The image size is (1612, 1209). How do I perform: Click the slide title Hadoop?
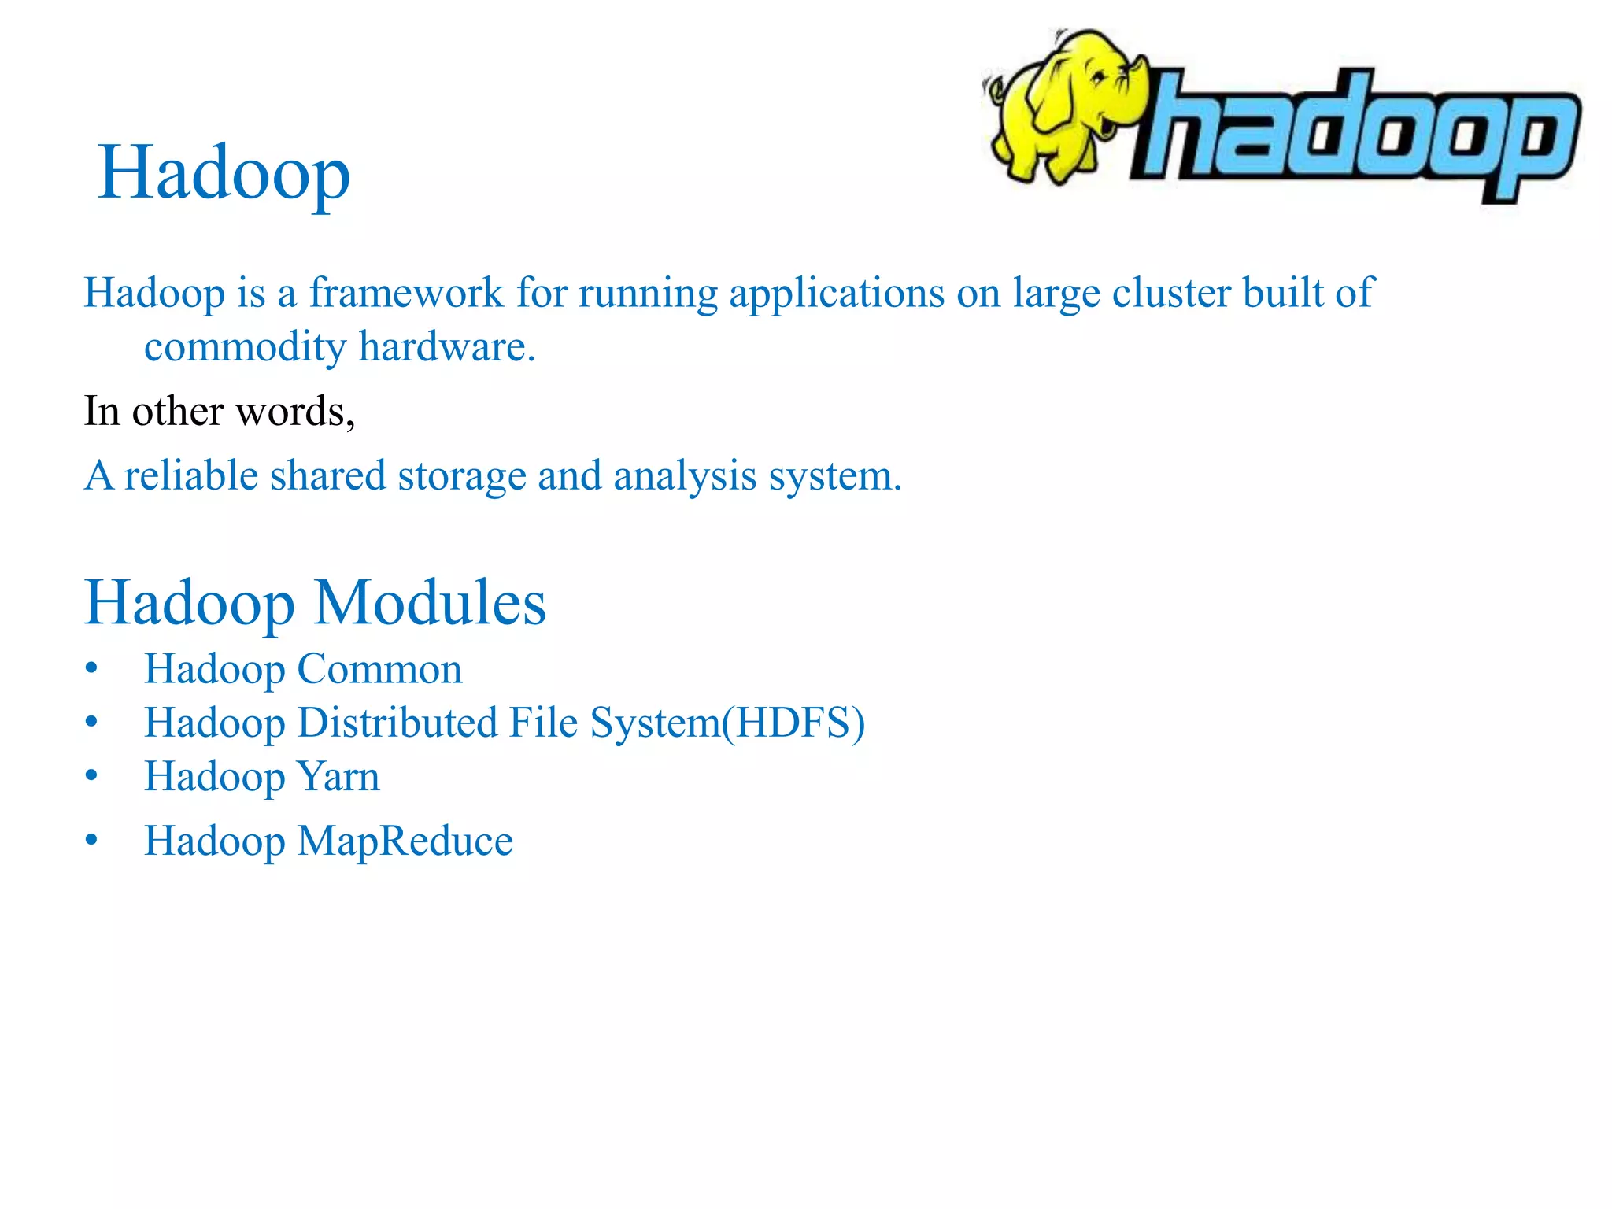[x=224, y=174]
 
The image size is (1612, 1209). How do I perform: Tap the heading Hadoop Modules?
[x=315, y=603]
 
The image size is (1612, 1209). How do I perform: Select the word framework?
[x=405, y=293]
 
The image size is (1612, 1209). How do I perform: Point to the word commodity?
[x=245, y=347]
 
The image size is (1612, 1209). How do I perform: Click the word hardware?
[x=446, y=346]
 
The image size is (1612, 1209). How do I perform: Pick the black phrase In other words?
[x=219, y=411]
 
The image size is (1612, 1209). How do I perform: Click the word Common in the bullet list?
[x=379, y=670]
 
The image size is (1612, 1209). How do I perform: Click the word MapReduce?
[x=405, y=841]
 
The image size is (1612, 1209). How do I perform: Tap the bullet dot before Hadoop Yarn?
[x=92, y=776]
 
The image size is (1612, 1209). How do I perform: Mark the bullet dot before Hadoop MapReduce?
[x=92, y=840]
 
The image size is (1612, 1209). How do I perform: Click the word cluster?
[x=1171, y=293]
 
